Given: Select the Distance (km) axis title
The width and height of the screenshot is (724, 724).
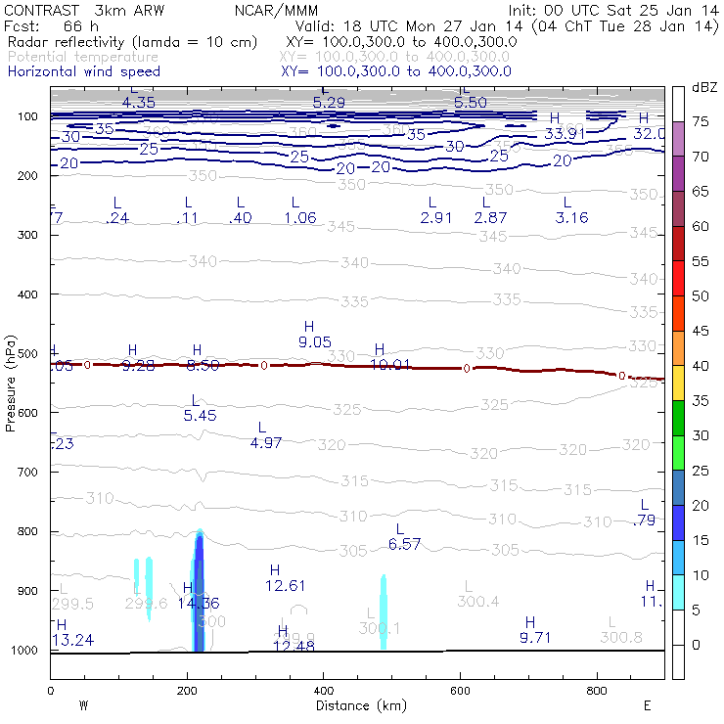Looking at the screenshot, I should click(356, 705).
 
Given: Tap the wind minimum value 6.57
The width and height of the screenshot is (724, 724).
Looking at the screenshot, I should click(404, 544).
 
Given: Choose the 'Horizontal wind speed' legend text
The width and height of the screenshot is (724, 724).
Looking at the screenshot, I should click(83, 71).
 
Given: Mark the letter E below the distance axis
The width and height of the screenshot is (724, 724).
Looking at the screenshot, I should click(647, 705).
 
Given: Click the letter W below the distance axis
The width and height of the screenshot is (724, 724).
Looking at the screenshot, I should click(83, 705).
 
